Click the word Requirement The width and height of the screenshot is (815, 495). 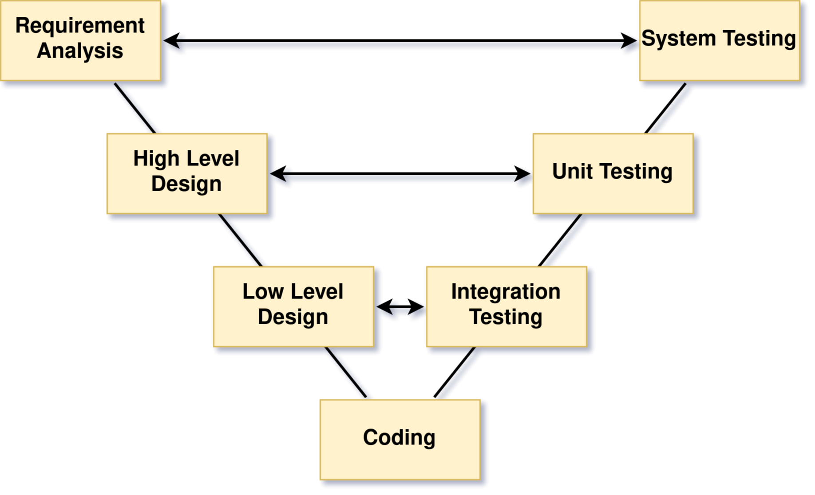click(x=80, y=26)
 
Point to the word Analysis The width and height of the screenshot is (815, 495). click(x=80, y=51)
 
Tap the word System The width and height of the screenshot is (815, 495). click(x=678, y=39)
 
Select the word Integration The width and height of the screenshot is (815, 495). click(x=506, y=292)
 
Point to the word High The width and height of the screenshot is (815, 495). click(x=156, y=159)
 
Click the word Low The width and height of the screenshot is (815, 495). click(x=263, y=292)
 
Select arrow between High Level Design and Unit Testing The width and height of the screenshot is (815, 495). click(x=400, y=178)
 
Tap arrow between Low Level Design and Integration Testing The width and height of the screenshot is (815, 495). click(x=400, y=309)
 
